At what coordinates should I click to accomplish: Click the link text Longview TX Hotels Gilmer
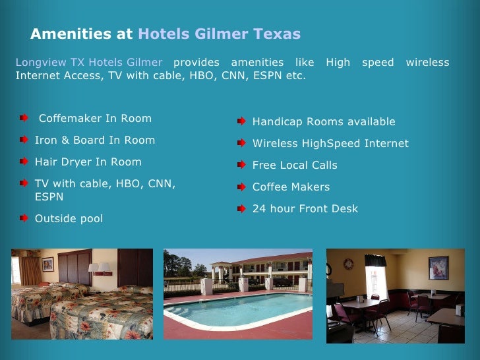pos(89,63)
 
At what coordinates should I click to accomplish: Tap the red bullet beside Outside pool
pos(24,218)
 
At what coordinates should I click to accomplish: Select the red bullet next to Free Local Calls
pos(242,165)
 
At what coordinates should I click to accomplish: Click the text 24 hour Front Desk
pos(305,209)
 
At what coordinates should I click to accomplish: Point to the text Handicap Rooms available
pos(324,122)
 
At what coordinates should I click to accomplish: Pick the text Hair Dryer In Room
pos(88,162)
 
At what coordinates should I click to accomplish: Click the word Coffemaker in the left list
pos(67,119)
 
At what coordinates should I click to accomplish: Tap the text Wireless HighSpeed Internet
pos(330,144)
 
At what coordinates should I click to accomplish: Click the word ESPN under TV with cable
pos(49,196)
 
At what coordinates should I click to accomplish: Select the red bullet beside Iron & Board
pos(24,140)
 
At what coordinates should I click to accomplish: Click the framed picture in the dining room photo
pos(438,268)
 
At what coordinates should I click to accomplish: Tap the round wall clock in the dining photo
pos(349,264)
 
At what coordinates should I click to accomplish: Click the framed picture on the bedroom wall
pos(47,264)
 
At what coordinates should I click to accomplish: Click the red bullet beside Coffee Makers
pos(242,187)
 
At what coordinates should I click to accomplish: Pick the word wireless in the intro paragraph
pos(427,63)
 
